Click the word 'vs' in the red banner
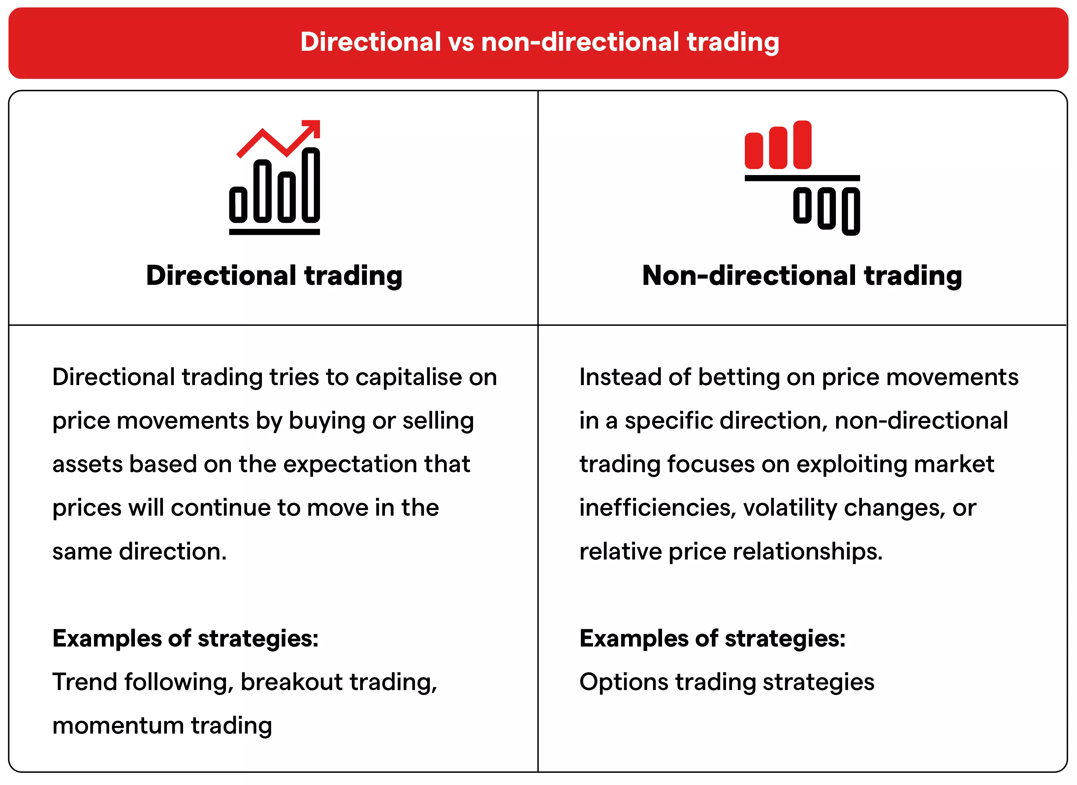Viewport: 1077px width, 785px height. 460,42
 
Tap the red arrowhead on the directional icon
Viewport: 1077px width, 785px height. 314,127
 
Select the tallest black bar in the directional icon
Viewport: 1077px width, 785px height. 311,185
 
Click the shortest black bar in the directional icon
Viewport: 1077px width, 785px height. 238,204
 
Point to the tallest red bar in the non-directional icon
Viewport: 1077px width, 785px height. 802,144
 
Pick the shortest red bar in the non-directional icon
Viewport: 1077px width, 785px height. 753,151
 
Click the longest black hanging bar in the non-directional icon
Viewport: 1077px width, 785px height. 850,211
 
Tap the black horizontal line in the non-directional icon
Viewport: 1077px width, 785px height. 802,178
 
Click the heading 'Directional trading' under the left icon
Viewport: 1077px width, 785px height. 274,276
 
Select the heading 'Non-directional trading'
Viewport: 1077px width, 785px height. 802,276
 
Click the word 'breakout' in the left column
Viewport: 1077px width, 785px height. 291,682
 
